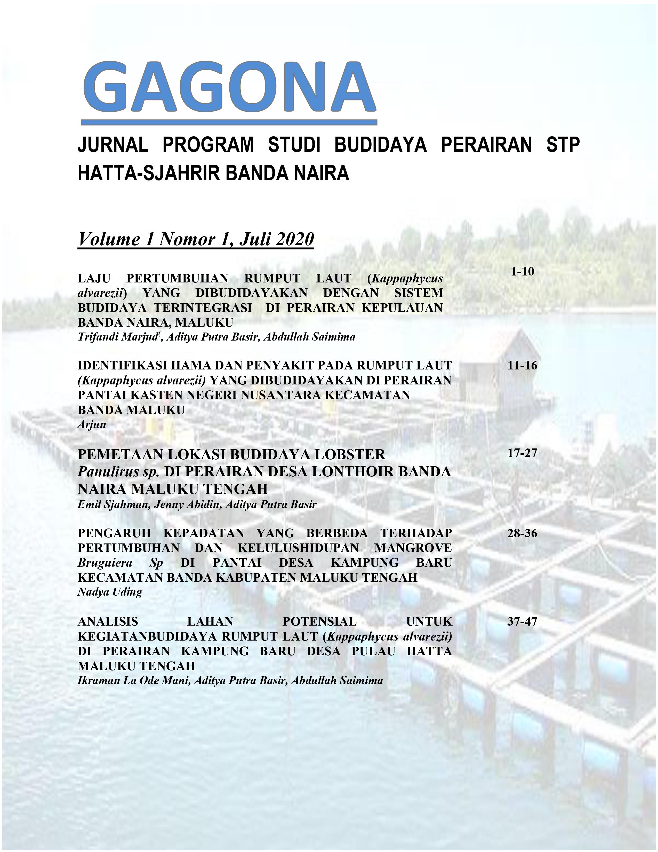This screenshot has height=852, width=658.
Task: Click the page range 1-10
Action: (522, 272)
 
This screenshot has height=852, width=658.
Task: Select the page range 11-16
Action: (522, 366)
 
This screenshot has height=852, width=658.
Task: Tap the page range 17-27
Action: (522, 453)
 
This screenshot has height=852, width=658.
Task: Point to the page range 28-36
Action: (522, 533)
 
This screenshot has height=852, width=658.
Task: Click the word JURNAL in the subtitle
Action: (113, 145)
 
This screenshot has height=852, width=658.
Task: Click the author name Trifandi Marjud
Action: (117, 337)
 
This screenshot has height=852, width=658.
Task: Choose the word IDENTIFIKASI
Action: (121, 366)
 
